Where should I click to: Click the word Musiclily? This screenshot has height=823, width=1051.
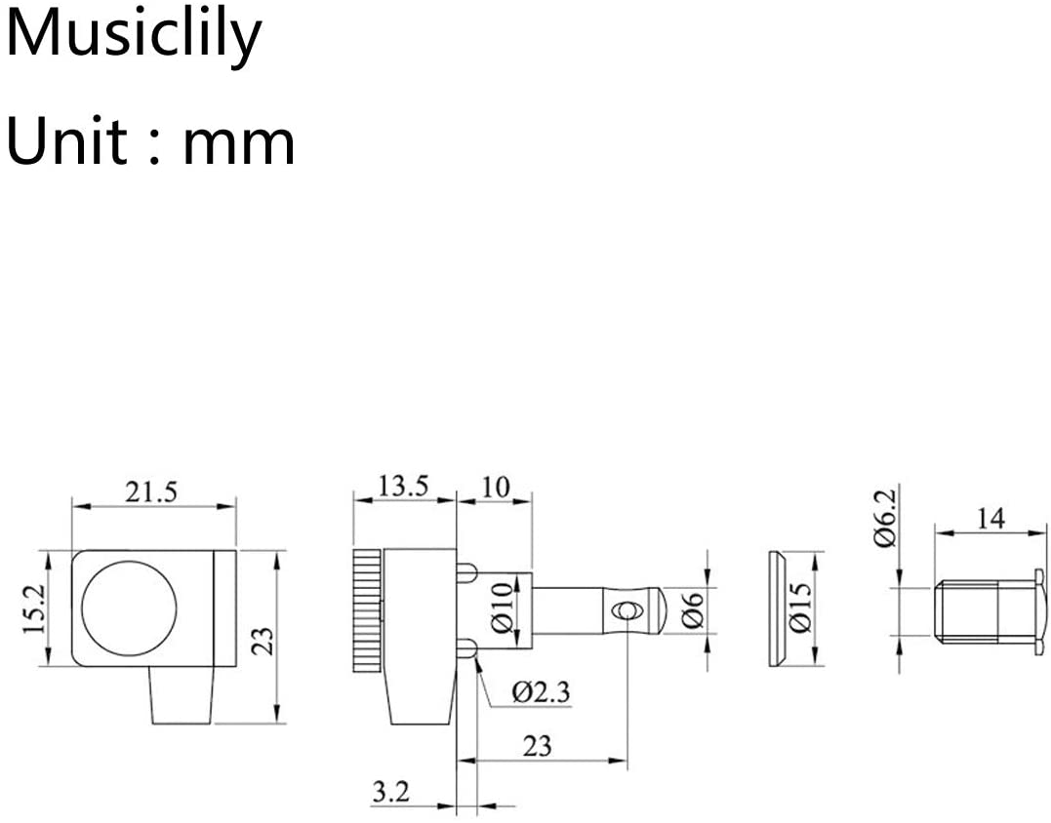pyautogui.click(x=134, y=36)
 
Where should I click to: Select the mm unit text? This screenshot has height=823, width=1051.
pyautogui.click(x=239, y=145)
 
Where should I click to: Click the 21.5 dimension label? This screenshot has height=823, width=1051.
pyautogui.click(x=151, y=492)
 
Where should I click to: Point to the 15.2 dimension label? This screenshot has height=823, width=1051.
pyautogui.click(x=34, y=608)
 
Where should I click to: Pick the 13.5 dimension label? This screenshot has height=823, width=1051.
pyautogui.click(x=403, y=487)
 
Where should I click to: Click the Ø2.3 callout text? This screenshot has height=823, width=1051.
pyautogui.click(x=541, y=691)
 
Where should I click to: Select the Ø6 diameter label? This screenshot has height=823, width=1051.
pyautogui.click(x=694, y=610)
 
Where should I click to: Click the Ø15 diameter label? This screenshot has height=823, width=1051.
pyautogui.click(x=800, y=608)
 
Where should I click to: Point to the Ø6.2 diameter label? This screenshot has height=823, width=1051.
pyautogui.click(x=885, y=519)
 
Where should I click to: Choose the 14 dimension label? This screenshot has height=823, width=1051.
pyautogui.click(x=990, y=519)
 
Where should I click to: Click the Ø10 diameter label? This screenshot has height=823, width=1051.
pyautogui.click(x=503, y=608)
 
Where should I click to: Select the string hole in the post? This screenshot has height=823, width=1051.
pyautogui.click(x=627, y=610)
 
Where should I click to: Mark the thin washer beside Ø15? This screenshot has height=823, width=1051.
pyautogui.click(x=778, y=608)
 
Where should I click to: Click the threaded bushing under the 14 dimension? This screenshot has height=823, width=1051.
pyautogui.click(x=990, y=609)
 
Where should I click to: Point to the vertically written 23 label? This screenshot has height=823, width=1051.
pyautogui.click(x=266, y=641)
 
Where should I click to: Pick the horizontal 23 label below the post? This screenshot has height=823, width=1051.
pyautogui.click(x=537, y=746)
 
